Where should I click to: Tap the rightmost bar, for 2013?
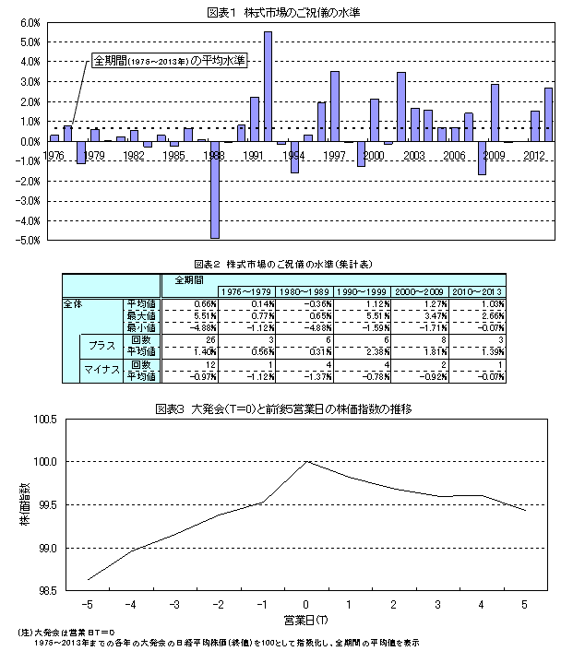click(x=548, y=114)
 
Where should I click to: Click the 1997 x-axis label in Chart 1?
click(x=334, y=155)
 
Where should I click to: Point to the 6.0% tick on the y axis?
click(x=28, y=22)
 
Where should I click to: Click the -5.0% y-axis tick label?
click(x=26, y=241)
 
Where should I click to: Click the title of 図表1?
click(x=292, y=9)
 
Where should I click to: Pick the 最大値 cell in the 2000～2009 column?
click(x=421, y=315)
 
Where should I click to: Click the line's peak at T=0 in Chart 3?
click(x=306, y=461)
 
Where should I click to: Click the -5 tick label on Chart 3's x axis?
click(x=89, y=605)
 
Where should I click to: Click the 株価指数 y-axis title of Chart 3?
click(x=24, y=503)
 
